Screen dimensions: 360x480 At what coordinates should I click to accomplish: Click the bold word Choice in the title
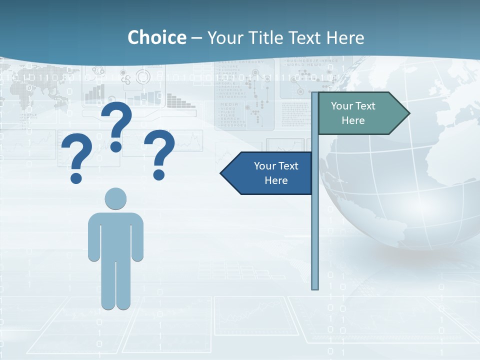156,37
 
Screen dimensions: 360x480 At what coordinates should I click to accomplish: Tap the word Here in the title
345,37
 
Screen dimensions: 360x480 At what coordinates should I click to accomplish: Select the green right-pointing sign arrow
360,113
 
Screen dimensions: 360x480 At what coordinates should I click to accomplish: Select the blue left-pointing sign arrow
270,173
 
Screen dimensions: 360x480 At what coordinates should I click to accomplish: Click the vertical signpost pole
315,225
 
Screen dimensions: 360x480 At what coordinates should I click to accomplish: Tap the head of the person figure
115,198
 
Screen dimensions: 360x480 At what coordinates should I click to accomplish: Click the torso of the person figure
115,232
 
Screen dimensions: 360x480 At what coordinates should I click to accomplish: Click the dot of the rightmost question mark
159,174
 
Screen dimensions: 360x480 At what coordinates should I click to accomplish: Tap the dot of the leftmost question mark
76,177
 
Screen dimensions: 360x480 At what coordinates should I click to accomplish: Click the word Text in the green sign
365,106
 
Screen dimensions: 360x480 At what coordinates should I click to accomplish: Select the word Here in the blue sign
276,180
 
